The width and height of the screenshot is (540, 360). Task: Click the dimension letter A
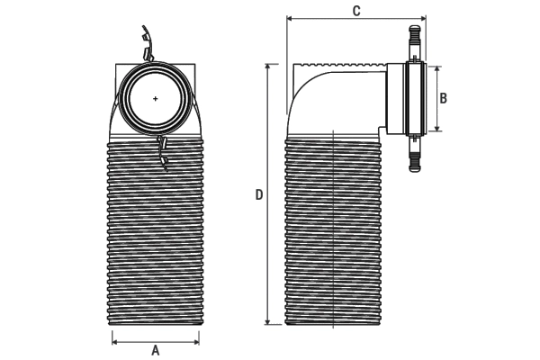tap(155, 350)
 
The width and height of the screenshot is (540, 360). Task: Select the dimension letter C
tap(356, 11)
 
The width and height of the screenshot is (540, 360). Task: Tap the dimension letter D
tap(259, 195)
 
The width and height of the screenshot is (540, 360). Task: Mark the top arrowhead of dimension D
tap(268, 67)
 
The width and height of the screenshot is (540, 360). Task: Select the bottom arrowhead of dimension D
tap(268, 322)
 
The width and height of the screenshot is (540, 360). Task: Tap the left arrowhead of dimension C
tap(289, 19)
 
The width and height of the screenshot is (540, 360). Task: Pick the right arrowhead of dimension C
tap(421, 19)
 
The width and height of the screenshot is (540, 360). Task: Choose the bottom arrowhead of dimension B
tap(438, 129)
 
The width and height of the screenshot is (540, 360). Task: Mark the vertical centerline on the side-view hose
tap(334, 225)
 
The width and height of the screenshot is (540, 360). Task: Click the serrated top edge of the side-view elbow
tap(342, 66)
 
